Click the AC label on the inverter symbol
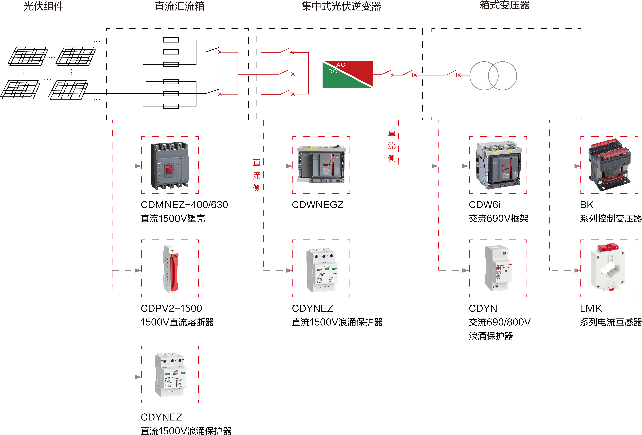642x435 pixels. (341, 65)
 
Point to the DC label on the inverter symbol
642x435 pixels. (333, 72)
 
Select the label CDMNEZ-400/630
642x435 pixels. (184, 205)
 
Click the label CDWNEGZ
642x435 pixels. (318, 205)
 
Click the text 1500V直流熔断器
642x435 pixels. (177, 322)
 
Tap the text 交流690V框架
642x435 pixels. (498, 218)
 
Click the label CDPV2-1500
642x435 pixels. (171, 308)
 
